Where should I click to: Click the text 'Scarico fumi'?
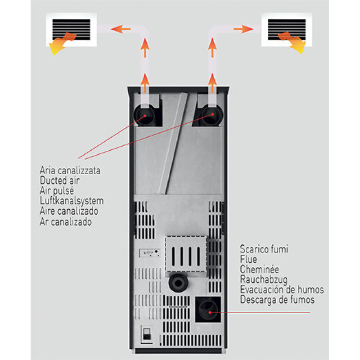(264, 249)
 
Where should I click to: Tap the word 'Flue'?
(249, 259)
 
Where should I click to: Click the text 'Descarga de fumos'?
(277, 299)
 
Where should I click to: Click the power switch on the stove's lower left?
(146, 334)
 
